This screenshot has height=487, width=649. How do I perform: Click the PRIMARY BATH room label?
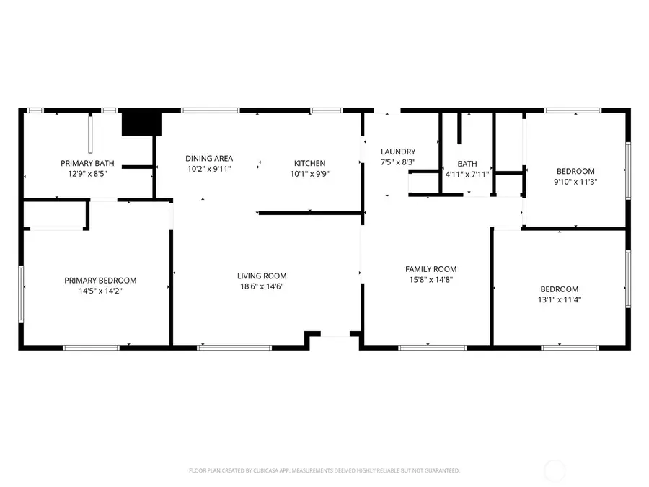coord(87,164)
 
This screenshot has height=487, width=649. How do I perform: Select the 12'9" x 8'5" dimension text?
coord(87,174)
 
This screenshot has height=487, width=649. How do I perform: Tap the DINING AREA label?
coord(209,159)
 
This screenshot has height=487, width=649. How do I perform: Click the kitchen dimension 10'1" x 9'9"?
coord(309,174)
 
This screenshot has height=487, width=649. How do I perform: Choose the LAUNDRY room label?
coord(398,152)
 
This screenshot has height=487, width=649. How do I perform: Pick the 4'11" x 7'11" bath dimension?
coord(467,174)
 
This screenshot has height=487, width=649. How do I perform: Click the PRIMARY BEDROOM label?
coord(100,281)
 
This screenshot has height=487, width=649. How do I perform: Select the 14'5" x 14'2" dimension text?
coord(100,291)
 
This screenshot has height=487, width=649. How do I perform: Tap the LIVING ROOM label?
coord(262,276)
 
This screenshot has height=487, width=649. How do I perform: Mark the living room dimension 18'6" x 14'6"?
coord(262,286)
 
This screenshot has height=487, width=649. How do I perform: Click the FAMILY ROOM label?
coord(430,269)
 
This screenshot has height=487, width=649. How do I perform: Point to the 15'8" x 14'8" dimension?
coord(430,279)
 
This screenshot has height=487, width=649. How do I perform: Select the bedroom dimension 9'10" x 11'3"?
coord(575,182)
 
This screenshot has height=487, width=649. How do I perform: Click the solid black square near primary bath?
coord(141,123)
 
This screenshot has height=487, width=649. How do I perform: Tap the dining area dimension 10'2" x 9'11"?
coord(209,169)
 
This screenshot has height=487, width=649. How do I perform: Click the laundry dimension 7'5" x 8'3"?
coord(398,162)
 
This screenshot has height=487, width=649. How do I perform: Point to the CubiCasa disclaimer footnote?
coord(324,470)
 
